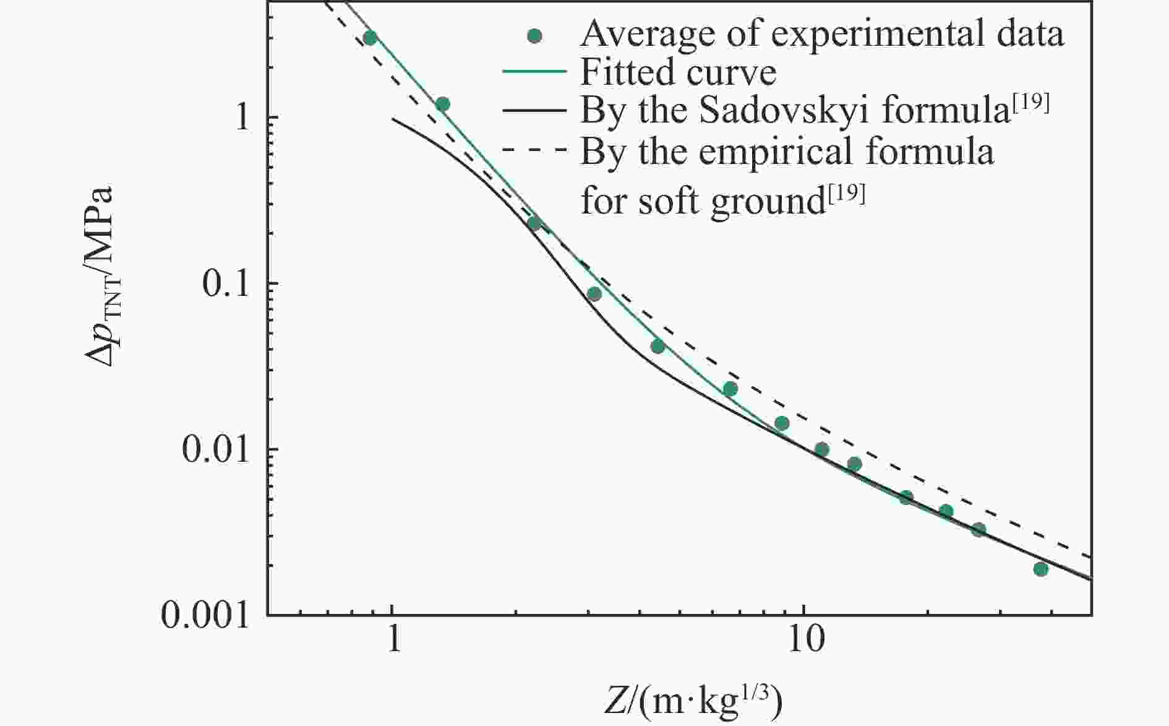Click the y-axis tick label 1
pos(242,117)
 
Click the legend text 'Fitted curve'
pos(678,72)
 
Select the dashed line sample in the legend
pos(534,150)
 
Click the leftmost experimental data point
pos(370,38)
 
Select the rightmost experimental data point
pos(1040,569)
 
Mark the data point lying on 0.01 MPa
pos(821,449)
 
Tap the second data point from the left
pos(442,104)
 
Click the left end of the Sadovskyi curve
pos(393,119)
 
